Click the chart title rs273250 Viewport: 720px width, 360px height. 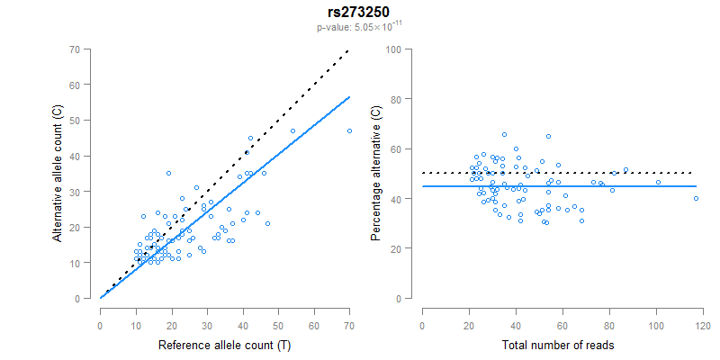(x=359, y=11)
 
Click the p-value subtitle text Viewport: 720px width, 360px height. (x=359, y=27)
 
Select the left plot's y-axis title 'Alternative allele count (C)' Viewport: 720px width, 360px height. (x=57, y=173)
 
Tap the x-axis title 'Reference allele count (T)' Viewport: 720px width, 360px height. (x=224, y=346)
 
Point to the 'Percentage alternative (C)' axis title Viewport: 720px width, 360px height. (x=376, y=173)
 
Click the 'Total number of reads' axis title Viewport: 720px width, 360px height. (x=563, y=346)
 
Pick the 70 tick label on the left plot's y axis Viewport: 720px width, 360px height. (x=85, y=49)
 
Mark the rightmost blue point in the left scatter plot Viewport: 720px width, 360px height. (x=349, y=130)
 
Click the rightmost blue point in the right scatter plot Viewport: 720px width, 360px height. (x=696, y=198)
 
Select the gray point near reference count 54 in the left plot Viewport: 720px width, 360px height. (x=292, y=130)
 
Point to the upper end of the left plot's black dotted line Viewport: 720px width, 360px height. (x=349, y=50)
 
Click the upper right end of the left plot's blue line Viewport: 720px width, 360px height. (x=349, y=96)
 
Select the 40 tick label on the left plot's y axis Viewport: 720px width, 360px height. (x=85, y=156)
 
